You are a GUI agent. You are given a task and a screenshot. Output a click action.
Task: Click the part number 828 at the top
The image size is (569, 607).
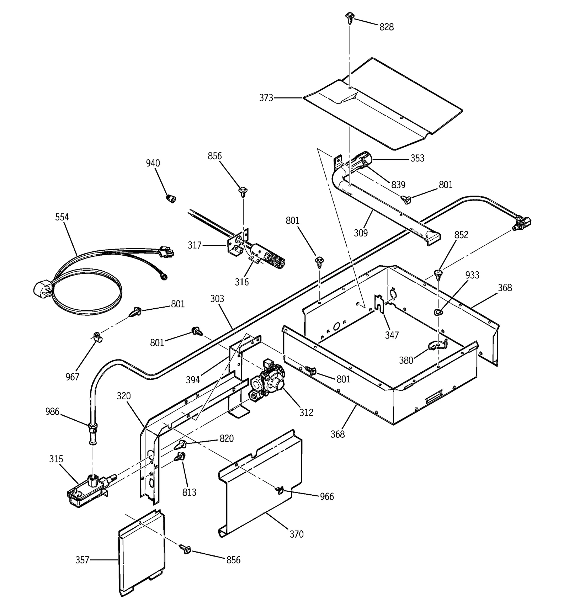point(386,27)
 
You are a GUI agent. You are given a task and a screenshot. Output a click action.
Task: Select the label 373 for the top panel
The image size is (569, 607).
point(266,98)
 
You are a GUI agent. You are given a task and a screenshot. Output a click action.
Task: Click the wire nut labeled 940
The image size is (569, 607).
point(171,198)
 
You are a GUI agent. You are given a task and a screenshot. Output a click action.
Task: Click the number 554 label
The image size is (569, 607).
point(62,217)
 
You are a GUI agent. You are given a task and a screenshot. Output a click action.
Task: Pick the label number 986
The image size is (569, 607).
point(52,412)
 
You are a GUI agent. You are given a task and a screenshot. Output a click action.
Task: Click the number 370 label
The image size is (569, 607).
point(296,534)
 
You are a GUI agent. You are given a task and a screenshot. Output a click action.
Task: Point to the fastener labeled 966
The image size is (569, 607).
point(279,490)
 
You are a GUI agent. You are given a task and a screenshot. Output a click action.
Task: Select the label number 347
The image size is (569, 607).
point(392,335)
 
